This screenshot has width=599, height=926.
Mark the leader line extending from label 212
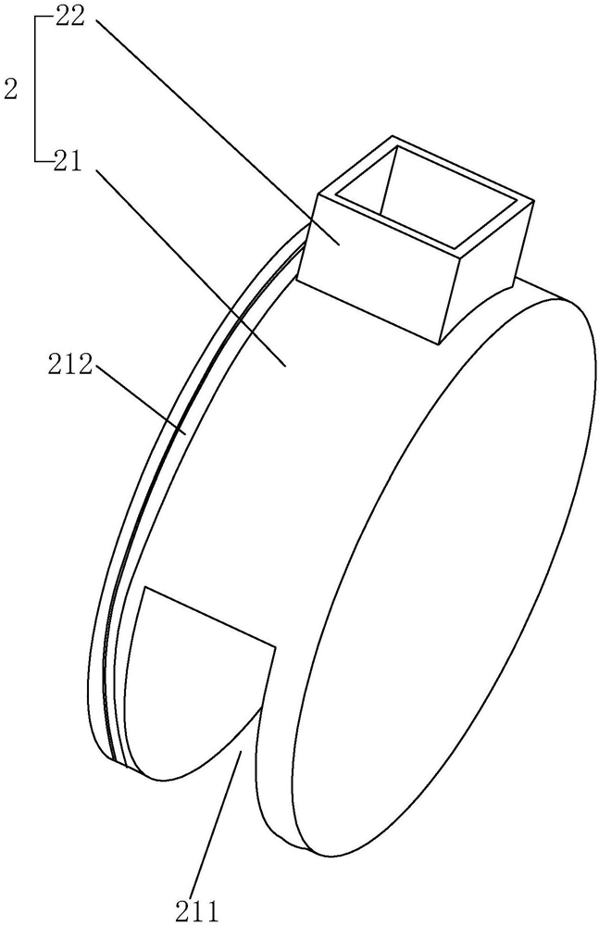(139, 401)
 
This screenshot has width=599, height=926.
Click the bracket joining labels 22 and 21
(34, 90)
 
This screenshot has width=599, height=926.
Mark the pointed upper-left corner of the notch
(145, 590)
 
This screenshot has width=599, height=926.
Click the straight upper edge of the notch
(211, 619)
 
